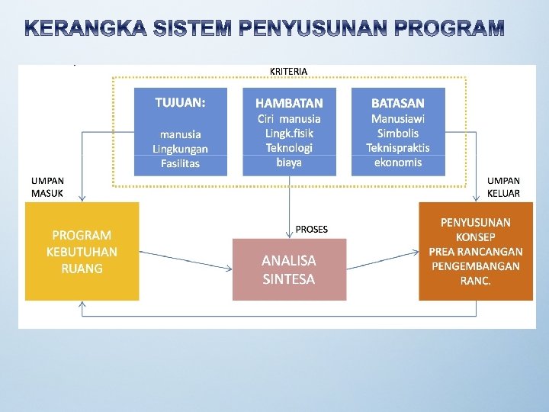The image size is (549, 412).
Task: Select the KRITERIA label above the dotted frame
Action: (289, 71)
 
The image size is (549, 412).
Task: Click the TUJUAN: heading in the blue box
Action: (180, 101)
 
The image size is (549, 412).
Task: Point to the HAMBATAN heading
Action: (289, 103)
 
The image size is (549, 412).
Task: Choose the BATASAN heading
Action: (398, 103)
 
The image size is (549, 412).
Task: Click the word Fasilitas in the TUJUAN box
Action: (180, 163)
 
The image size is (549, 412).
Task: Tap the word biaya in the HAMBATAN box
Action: (289, 162)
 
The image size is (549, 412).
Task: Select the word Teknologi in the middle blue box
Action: (289, 147)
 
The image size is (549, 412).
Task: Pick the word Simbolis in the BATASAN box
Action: (398, 133)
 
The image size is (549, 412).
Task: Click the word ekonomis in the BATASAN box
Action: (398, 162)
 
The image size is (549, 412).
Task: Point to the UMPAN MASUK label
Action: (47, 187)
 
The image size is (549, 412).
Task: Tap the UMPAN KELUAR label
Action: (503, 187)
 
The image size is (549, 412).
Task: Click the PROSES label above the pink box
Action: (312, 229)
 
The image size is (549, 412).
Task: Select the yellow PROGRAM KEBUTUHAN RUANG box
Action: (82, 251)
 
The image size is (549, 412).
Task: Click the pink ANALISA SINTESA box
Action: (289, 269)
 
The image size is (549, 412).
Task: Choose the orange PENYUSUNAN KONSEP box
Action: (475, 251)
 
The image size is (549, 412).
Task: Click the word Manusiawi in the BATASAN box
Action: (398, 118)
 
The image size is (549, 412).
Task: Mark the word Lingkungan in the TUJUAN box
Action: (180, 149)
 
